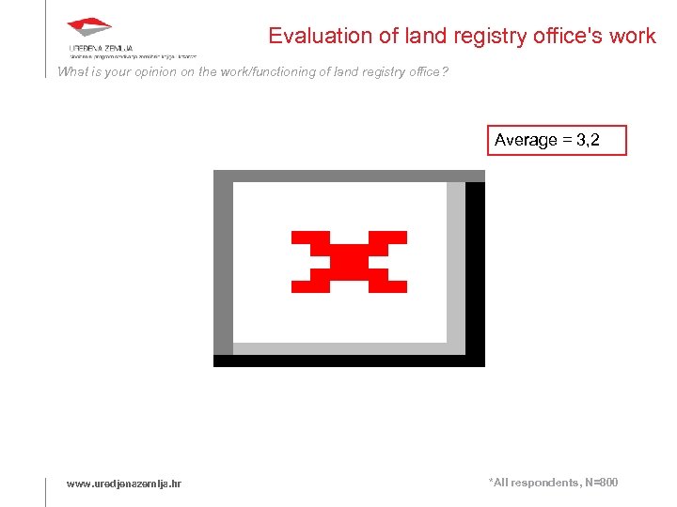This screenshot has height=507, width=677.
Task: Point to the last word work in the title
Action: point(632,37)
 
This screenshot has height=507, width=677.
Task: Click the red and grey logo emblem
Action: point(90,29)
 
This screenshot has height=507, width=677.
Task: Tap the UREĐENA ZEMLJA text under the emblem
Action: point(101,47)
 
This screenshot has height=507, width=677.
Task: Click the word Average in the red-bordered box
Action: point(526,140)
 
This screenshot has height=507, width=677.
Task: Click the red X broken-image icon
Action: point(349,260)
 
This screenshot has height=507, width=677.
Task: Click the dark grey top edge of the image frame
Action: point(348,176)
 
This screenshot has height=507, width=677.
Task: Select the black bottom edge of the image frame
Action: point(348,361)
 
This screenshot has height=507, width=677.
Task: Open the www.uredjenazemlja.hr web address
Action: point(124,484)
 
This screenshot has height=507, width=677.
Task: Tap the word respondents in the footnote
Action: point(544,483)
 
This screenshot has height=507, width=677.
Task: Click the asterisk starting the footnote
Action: point(491,482)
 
